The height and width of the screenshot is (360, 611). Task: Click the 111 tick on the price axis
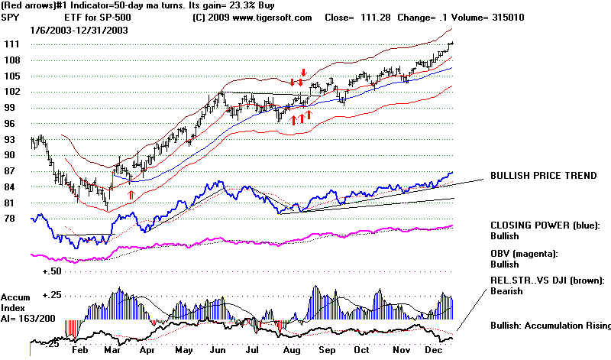pyautogui.click(x=11, y=45)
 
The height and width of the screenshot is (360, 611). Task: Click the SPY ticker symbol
pyautogui.click(x=11, y=18)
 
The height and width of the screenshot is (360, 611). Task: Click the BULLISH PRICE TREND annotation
pyautogui.click(x=542, y=176)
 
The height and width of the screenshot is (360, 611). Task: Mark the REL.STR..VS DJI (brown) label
pyautogui.click(x=549, y=280)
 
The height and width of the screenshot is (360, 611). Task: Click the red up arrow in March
pyautogui.click(x=131, y=196)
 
